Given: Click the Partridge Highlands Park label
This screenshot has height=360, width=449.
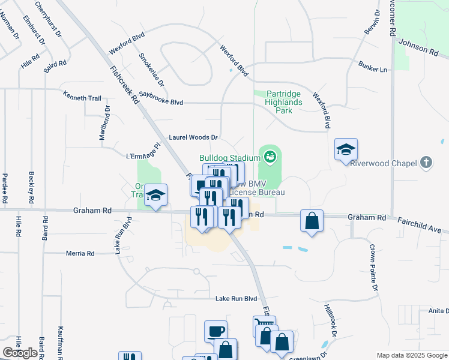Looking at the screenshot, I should tap(284, 102).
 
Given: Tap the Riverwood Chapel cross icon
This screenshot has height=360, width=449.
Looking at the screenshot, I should tap(426, 163).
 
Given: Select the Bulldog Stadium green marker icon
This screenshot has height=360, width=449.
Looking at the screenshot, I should tap(270, 158).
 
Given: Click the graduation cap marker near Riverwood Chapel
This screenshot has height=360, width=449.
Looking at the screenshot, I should tap(346, 149).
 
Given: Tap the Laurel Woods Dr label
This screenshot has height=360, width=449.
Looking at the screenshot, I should tap(193, 137).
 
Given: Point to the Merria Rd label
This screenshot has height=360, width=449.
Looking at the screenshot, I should tap(81, 254).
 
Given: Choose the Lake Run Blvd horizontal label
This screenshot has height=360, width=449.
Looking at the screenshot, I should tap(236, 298).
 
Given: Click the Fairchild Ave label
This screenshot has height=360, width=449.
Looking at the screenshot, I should tap(423, 226).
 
